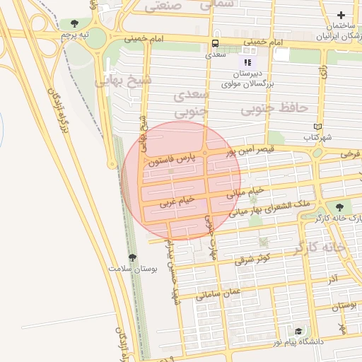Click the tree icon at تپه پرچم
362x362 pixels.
[75, 23]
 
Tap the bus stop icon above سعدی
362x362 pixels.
[215, 42]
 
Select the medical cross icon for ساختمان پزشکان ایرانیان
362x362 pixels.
[341, 15]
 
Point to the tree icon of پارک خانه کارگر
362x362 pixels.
[340, 207]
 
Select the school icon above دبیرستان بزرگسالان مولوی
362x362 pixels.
[247, 62]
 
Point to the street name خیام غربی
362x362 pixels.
[177, 201]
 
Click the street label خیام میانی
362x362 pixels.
[245, 192]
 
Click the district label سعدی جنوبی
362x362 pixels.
[190, 102]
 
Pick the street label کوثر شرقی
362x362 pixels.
[253, 259]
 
